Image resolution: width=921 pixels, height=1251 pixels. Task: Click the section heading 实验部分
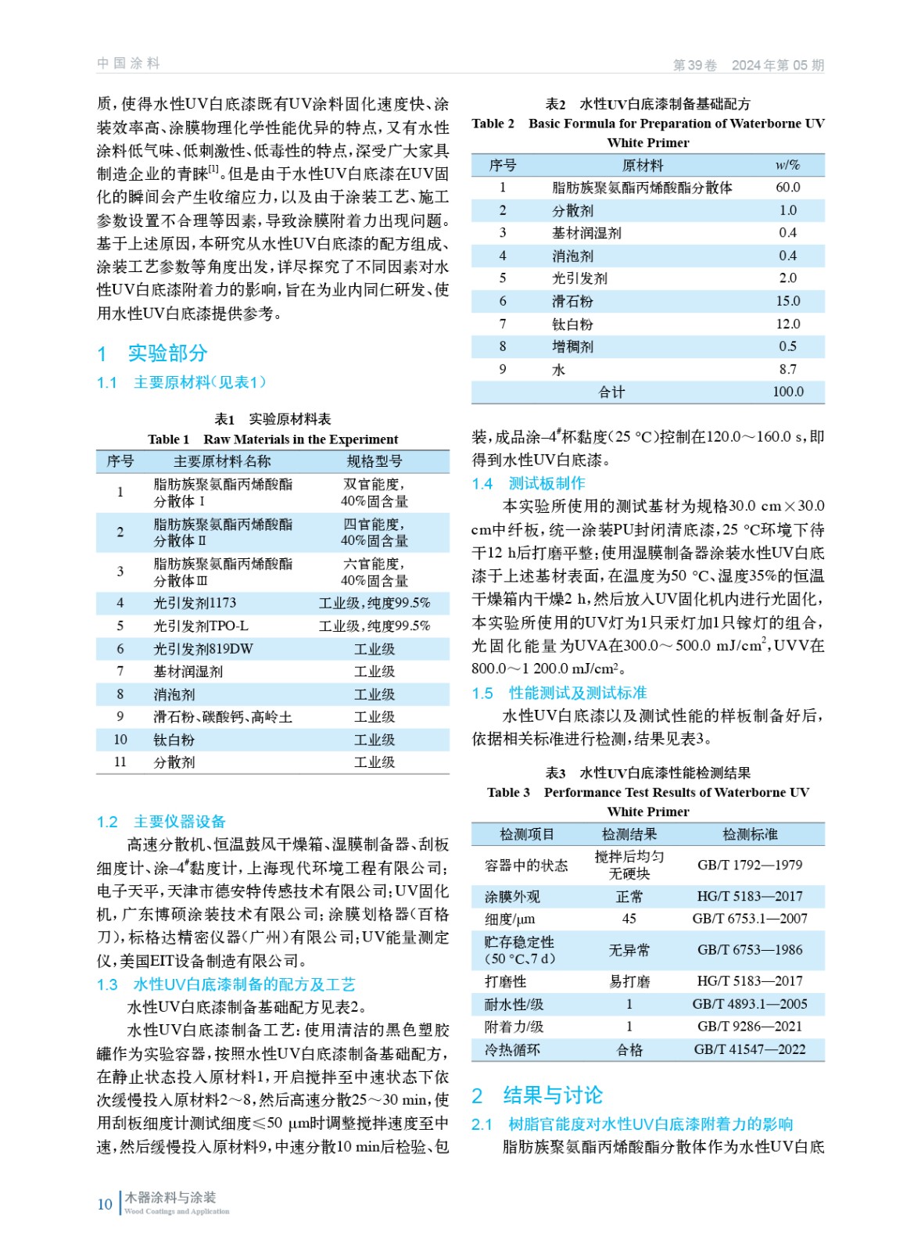point(167,353)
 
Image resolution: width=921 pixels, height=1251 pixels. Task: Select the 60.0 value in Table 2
point(787,188)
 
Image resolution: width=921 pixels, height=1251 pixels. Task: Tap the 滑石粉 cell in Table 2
point(572,301)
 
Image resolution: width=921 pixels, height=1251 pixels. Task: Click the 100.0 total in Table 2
point(787,392)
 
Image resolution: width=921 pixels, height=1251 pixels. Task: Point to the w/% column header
point(787,166)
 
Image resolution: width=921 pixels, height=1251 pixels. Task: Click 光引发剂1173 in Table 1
point(195,603)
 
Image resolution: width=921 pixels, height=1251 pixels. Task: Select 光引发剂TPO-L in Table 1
point(200,626)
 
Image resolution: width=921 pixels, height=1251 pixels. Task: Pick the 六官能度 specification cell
point(374,572)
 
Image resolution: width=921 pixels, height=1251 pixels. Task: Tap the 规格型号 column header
point(374,461)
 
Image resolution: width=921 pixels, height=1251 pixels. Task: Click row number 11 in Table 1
point(120,762)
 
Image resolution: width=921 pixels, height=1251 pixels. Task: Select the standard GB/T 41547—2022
point(749,1049)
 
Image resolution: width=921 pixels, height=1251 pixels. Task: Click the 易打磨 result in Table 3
point(629,981)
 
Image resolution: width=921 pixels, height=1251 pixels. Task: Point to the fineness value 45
point(629,919)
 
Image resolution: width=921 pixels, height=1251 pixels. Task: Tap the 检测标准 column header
point(749,834)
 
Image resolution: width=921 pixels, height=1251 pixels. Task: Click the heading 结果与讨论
point(553,1095)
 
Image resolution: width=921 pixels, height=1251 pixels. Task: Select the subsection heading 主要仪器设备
point(179,821)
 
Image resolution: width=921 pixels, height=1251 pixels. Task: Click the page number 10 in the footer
point(105,1204)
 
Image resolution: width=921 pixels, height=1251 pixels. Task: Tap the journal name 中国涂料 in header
point(128,63)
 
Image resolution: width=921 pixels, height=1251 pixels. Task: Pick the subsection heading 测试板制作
point(547,483)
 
